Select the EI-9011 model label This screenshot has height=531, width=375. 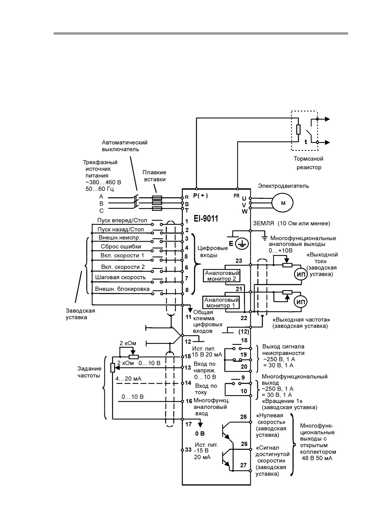coord(206,219)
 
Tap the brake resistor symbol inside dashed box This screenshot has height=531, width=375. coord(298,129)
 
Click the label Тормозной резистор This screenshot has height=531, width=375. coord(308,163)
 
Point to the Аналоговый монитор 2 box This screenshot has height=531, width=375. coord(222,276)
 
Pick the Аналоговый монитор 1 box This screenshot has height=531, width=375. coord(221,302)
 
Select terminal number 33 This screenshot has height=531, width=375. coord(188,450)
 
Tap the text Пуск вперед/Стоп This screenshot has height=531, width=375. coord(122,220)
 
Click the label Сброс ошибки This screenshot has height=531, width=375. coord(121,246)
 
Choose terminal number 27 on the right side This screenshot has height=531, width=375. coord(244,465)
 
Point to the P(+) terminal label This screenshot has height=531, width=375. coord(201,196)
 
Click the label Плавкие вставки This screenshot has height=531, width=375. coord(154,176)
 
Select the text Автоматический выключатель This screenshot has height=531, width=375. coord(124,146)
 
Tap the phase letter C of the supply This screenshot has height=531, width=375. coord(101,211)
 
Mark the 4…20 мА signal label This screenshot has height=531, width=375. coord(128,379)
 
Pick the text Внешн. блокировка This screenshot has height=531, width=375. coord(122,289)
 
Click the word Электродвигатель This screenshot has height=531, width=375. coord(283,186)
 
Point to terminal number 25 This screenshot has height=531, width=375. coord(244,417)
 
